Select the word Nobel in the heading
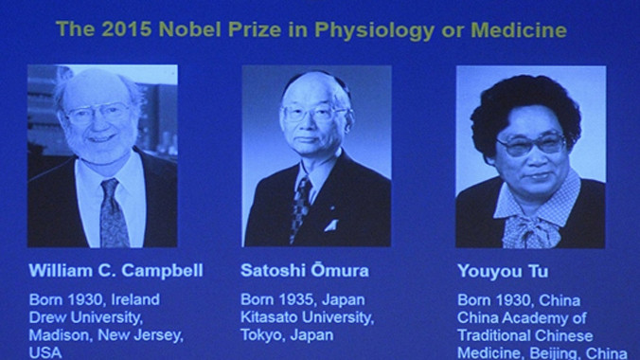[x=188, y=29]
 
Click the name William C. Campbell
[x=116, y=271]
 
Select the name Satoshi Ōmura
[x=305, y=271]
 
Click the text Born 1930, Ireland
[x=94, y=299]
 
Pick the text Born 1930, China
[x=513, y=299]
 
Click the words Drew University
[x=87, y=316]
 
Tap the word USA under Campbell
[x=44, y=351]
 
